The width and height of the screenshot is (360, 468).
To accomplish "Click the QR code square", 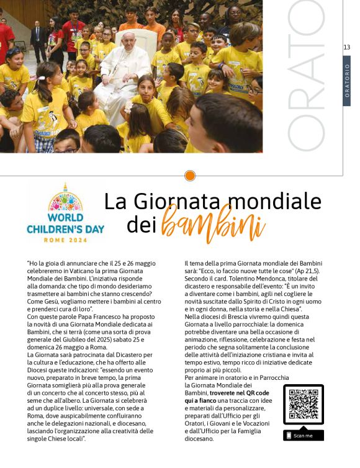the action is (x=303, y=405).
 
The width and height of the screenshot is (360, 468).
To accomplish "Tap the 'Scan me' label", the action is (x=303, y=436).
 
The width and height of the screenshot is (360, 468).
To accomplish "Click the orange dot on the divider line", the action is (x=190, y=176).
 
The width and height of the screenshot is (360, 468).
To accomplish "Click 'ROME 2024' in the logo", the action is (x=65, y=239).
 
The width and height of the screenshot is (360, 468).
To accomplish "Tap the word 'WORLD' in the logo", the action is (x=65, y=218).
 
